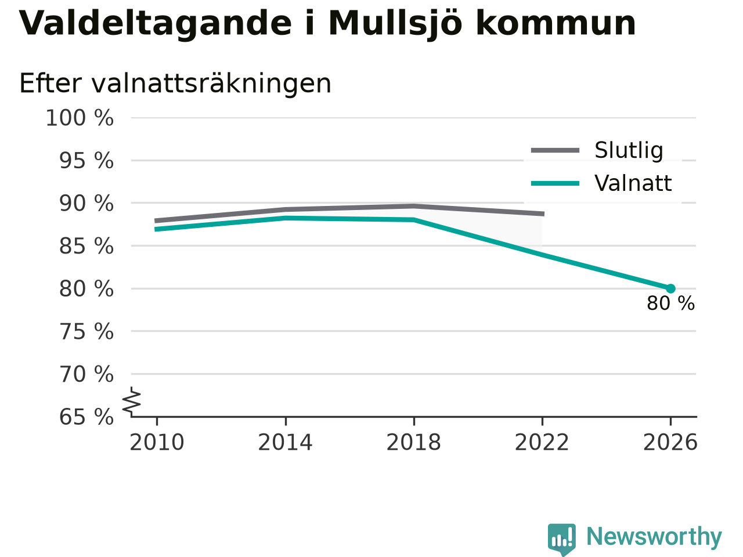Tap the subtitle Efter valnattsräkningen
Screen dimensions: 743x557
coord(175,84)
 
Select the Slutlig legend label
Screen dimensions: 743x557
coord(629,150)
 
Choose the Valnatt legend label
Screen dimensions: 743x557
coord(633,183)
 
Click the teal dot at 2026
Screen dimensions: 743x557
coord(670,288)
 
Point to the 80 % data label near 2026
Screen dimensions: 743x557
coord(670,303)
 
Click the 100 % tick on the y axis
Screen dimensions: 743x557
coord(80,118)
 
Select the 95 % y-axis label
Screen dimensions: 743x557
coord(86,161)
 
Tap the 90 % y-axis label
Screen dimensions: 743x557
coord(86,204)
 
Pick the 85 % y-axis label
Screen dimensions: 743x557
coord(86,246)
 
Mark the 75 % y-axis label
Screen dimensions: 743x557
coord(86,331)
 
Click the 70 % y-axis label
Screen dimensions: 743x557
coord(86,374)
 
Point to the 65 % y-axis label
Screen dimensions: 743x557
coord(86,417)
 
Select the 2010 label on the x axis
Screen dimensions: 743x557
coord(157,442)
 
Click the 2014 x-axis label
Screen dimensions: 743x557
coord(285,442)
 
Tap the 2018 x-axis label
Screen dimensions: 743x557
coord(414,442)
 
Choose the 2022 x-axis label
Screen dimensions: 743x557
coord(542,442)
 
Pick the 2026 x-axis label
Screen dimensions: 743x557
coord(670,442)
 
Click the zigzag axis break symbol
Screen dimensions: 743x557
coord(132,401)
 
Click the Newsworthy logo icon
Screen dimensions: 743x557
coord(561,539)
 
